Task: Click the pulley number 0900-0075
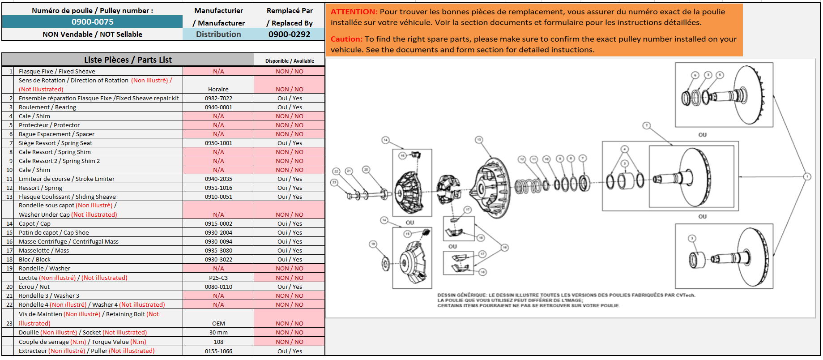point(92,21)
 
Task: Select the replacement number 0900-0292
point(289,34)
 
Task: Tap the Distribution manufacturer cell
point(218,34)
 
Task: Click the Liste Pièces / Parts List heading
point(128,60)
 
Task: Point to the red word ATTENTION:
point(354,12)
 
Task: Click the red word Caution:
point(346,39)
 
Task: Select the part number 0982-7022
point(218,98)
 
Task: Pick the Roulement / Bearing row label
point(47,107)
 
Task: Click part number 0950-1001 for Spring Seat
point(218,143)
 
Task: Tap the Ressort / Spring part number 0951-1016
point(218,188)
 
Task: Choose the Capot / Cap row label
point(34,223)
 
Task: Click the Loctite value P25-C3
point(218,278)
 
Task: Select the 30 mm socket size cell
point(218,332)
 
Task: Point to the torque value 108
point(218,342)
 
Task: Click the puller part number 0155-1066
point(218,351)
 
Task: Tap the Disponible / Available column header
point(290,61)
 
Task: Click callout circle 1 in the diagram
point(807,176)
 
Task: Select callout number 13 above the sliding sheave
point(479,140)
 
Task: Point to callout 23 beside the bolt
point(334,182)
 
